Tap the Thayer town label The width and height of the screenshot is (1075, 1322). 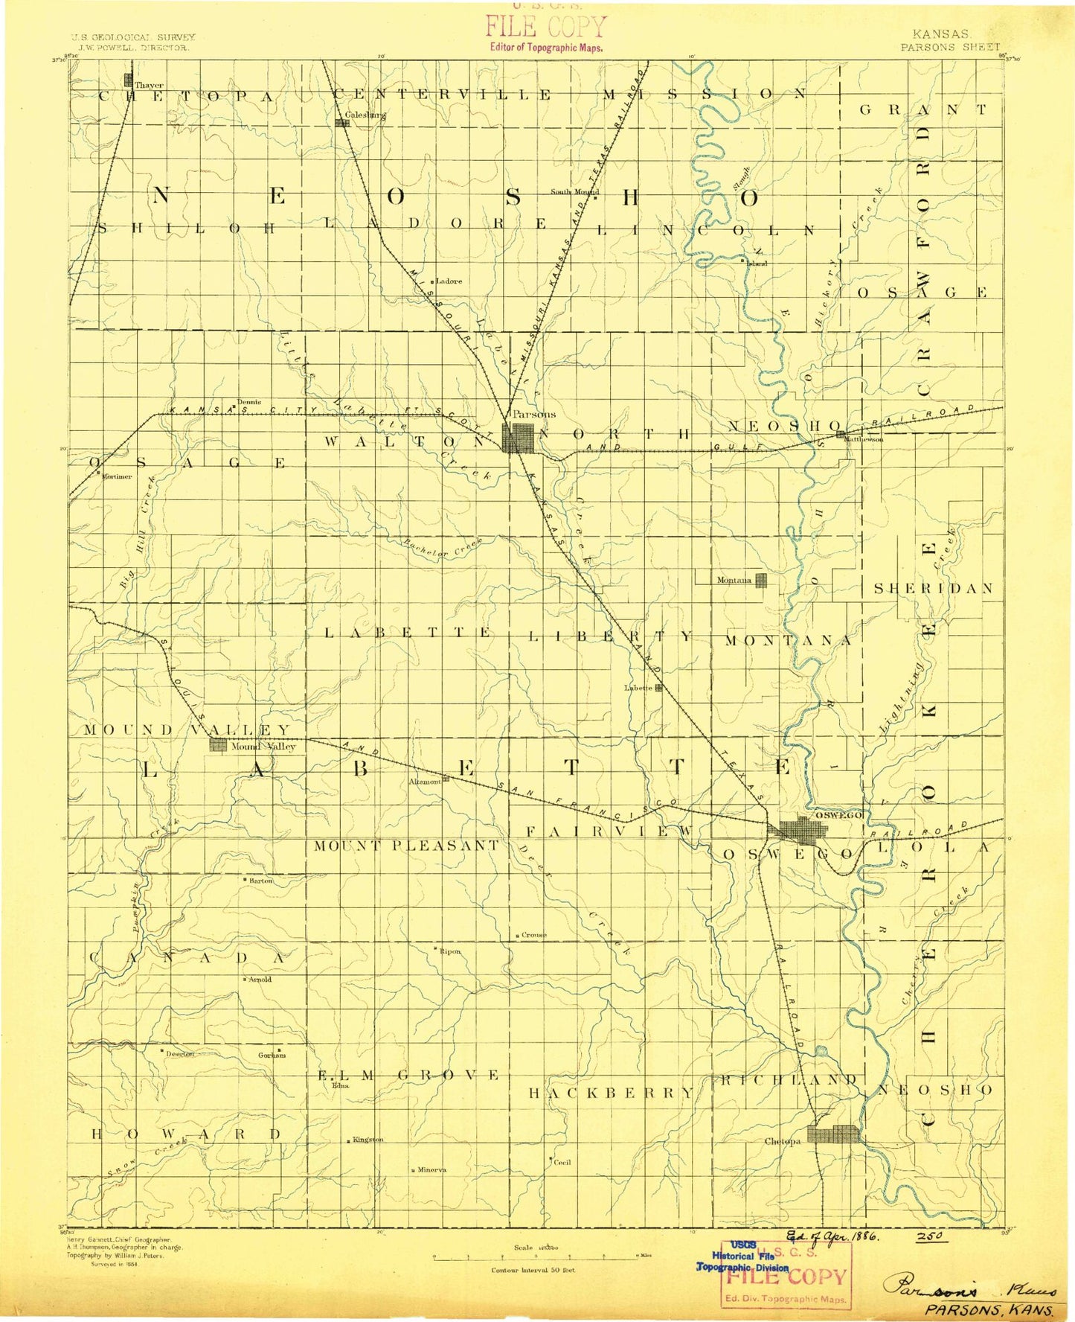point(149,86)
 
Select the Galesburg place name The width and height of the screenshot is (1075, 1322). point(365,115)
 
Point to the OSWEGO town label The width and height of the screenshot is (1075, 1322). point(838,815)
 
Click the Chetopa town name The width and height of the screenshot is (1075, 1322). point(783,1141)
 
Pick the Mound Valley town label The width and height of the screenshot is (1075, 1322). point(263,746)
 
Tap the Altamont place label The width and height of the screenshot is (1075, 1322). point(425,782)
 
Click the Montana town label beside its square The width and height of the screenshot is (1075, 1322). point(734,580)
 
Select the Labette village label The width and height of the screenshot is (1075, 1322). point(638,688)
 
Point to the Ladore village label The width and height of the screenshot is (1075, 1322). point(449,281)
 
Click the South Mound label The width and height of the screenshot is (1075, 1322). point(574,191)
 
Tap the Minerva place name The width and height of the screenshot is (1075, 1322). point(431,1169)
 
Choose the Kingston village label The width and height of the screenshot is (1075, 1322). point(368,1140)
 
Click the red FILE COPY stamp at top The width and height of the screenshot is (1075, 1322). point(546,28)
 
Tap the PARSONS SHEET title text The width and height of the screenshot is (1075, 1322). point(950,47)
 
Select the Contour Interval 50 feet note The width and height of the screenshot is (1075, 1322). point(533,1270)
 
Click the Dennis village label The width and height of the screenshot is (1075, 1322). point(249,402)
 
